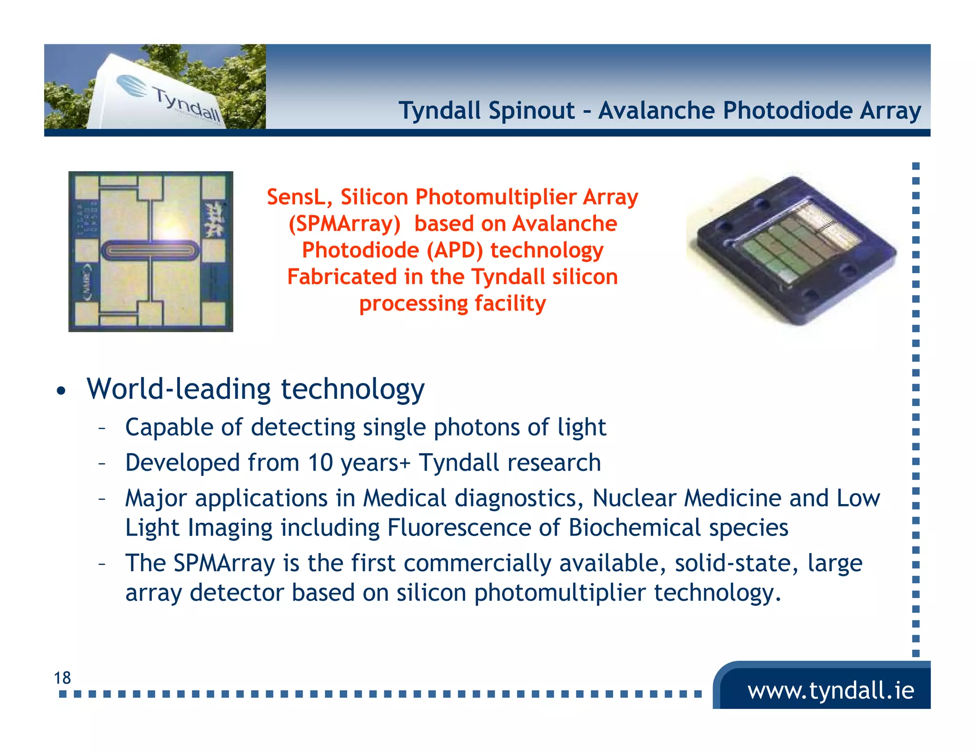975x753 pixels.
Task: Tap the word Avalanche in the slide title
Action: click(x=656, y=111)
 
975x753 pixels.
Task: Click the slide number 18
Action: click(x=62, y=678)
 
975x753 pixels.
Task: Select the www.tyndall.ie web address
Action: click(x=830, y=690)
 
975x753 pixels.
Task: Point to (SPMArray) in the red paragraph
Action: click(x=345, y=224)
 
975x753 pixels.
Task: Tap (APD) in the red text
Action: click(x=454, y=250)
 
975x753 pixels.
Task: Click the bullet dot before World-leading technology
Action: click(x=60, y=391)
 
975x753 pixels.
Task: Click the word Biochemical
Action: click(x=634, y=528)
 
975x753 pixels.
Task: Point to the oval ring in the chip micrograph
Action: click(x=150, y=250)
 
